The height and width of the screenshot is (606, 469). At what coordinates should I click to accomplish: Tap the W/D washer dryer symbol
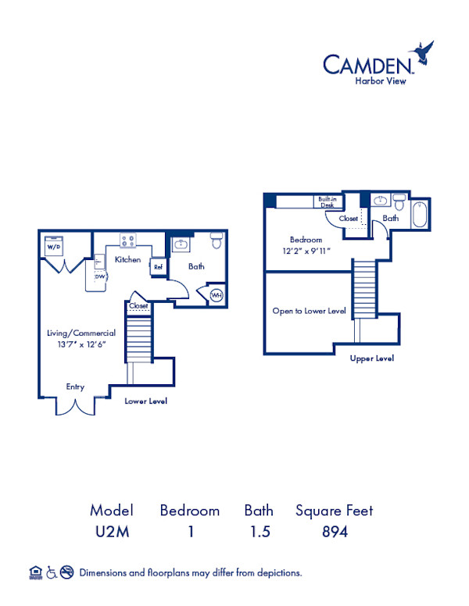[53, 246]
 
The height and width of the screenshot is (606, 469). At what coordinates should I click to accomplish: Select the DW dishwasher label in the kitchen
[100, 276]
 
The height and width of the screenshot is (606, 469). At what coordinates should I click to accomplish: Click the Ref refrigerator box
[158, 266]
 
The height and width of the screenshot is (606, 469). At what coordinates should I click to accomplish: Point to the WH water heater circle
[216, 295]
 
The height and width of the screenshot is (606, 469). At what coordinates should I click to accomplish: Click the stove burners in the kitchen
[128, 241]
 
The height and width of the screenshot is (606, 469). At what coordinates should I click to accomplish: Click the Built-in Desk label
[328, 201]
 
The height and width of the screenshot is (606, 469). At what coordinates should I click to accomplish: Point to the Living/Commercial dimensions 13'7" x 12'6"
[81, 344]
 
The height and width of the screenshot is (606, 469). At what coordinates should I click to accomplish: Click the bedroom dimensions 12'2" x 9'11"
[306, 251]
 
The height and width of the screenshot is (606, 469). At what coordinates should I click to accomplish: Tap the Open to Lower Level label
[309, 310]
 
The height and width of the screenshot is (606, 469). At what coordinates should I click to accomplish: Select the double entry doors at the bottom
[76, 407]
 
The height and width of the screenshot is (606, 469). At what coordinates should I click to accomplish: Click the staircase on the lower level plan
[138, 333]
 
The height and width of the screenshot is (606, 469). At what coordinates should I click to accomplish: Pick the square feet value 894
[334, 533]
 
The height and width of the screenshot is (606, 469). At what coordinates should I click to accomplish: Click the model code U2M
[111, 533]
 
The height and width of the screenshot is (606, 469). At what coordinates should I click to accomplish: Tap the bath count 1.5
[258, 533]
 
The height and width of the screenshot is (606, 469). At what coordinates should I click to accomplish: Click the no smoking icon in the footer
[67, 572]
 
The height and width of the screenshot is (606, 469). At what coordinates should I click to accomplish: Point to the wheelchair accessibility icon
[51, 572]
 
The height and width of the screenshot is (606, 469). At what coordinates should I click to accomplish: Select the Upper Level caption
[372, 358]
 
